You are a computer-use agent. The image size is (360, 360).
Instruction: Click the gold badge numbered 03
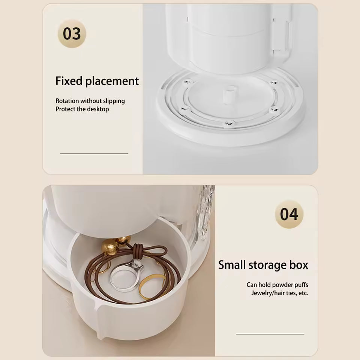(72, 34)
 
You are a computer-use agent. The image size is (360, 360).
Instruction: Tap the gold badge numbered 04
(289, 214)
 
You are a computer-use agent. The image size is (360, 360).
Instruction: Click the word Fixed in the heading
(69, 81)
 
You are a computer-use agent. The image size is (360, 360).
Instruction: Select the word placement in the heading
(112, 81)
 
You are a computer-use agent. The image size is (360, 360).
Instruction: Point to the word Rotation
(67, 101)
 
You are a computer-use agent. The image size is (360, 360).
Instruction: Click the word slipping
(114, 101)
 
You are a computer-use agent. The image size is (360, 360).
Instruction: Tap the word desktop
(98, 109)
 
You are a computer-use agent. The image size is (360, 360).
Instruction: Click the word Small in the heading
(232, 265)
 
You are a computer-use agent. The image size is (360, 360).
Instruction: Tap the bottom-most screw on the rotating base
(229, 123)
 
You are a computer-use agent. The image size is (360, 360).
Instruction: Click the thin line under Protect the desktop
(94, 154)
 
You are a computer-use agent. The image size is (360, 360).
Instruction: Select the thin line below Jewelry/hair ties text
(270, 334)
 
